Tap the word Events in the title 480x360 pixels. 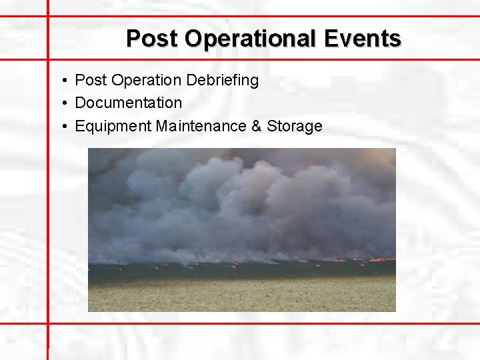[363, 39]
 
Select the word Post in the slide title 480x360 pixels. [153, 39]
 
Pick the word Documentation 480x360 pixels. [128, 103]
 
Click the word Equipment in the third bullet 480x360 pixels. [113, 126]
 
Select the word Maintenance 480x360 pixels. [201, 126]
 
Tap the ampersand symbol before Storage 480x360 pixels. [257, 126]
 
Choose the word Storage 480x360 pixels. [295, 126]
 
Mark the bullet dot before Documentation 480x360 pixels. [61, 103]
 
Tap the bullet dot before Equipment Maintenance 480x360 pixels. [61, 127]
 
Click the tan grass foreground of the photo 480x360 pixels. [240, 297]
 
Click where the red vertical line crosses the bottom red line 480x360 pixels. [48, 324]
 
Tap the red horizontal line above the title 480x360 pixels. [267, 16]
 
